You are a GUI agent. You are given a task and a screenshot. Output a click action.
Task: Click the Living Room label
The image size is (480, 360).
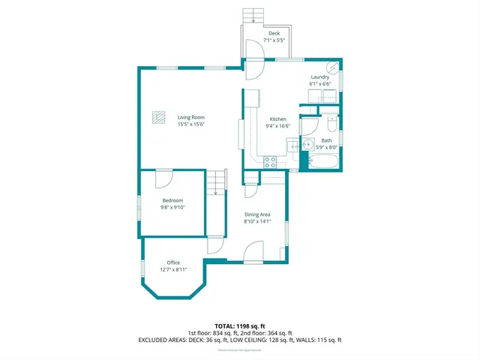click(190, 118)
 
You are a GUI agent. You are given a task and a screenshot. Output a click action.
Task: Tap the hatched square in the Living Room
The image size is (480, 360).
click(158, 117)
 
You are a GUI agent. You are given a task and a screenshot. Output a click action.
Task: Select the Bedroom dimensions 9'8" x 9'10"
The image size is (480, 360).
click(172, 208)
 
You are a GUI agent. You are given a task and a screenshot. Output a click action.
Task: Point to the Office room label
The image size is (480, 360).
click(173, 262)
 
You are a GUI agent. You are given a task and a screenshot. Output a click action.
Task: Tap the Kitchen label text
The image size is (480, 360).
click(278, 120)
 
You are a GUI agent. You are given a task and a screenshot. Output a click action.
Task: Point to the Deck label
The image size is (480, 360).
click(274, 34)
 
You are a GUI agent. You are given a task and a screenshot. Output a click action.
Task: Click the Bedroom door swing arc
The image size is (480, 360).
click(163, 178)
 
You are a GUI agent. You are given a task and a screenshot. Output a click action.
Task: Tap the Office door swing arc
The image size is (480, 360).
click(216, 244)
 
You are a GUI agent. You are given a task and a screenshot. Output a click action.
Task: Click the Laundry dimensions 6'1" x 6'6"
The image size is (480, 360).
click(320, 84)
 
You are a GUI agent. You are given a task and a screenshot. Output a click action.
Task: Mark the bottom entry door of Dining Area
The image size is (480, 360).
click(253, 253)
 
